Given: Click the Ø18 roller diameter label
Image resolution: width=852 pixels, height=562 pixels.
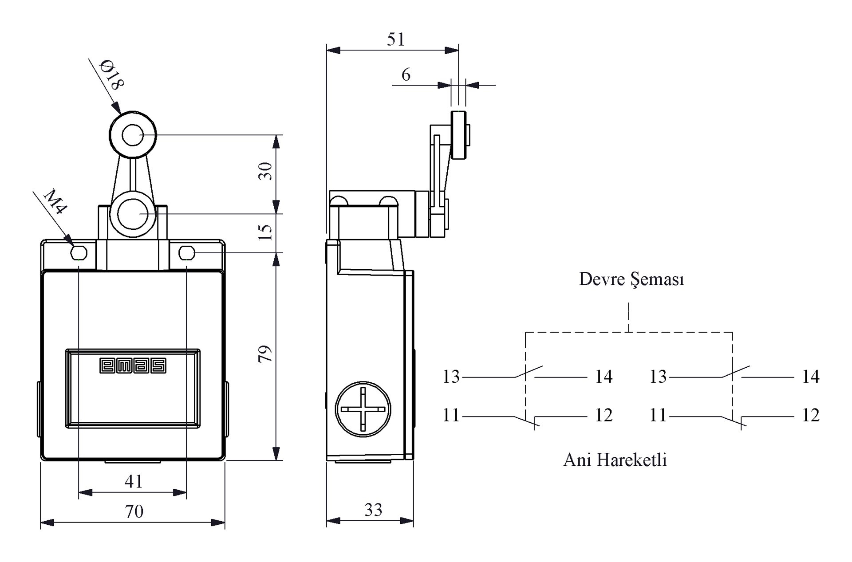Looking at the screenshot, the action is pyautogui.click(x=111, y=75).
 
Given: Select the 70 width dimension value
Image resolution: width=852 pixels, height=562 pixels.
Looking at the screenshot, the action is pyautogui.click(x=134, y=511).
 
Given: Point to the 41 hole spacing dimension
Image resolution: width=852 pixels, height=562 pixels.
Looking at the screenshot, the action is pyautogui.click(x=133, y=481).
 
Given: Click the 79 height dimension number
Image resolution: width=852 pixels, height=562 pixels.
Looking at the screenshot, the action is pyautogui.click(x=265, y=354).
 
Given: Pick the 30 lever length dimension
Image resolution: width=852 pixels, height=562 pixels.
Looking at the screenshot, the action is pyautogui.click(x=265, y=171).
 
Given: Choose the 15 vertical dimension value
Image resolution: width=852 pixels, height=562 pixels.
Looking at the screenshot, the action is pyautogui.click(x=265, y=232).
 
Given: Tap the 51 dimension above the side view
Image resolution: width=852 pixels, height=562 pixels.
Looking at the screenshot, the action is pyautogui.click(x=396, y=39).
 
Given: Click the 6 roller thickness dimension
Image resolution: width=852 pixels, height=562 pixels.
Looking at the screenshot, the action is pyautogui.click(x=406, y=75).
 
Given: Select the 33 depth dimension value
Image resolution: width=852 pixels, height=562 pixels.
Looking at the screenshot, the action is pyautogui.click(x=373, y=510).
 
